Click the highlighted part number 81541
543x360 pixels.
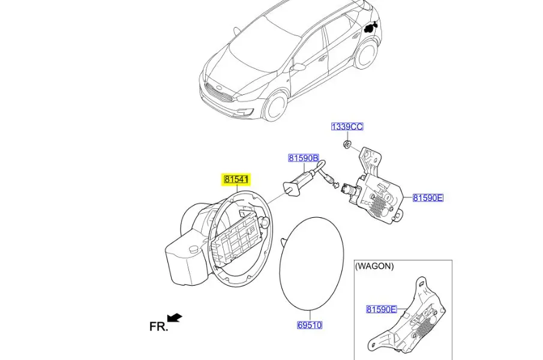click(x=236, y=179)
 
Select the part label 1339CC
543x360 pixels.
click(x=347, y=127)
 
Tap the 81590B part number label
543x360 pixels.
click(x=304, y=158)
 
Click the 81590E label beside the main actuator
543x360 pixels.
click(x=428, y=198)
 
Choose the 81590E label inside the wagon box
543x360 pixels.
click(x=382, y=309)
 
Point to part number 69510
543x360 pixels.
click(x=310, y=325)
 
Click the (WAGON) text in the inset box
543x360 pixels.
click(x=374, y=266)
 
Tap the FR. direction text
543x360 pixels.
click(x=158, y=326)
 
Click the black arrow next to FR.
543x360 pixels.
click(x=175, y=317)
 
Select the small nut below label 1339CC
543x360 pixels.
click(x=346, y=143)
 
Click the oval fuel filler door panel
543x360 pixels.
click(x=311, y=263)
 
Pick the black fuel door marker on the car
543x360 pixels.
click(x=371, y=27)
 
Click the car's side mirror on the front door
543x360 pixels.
click(x=299, y=67)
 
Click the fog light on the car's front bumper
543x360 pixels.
click(x=243, y=112)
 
